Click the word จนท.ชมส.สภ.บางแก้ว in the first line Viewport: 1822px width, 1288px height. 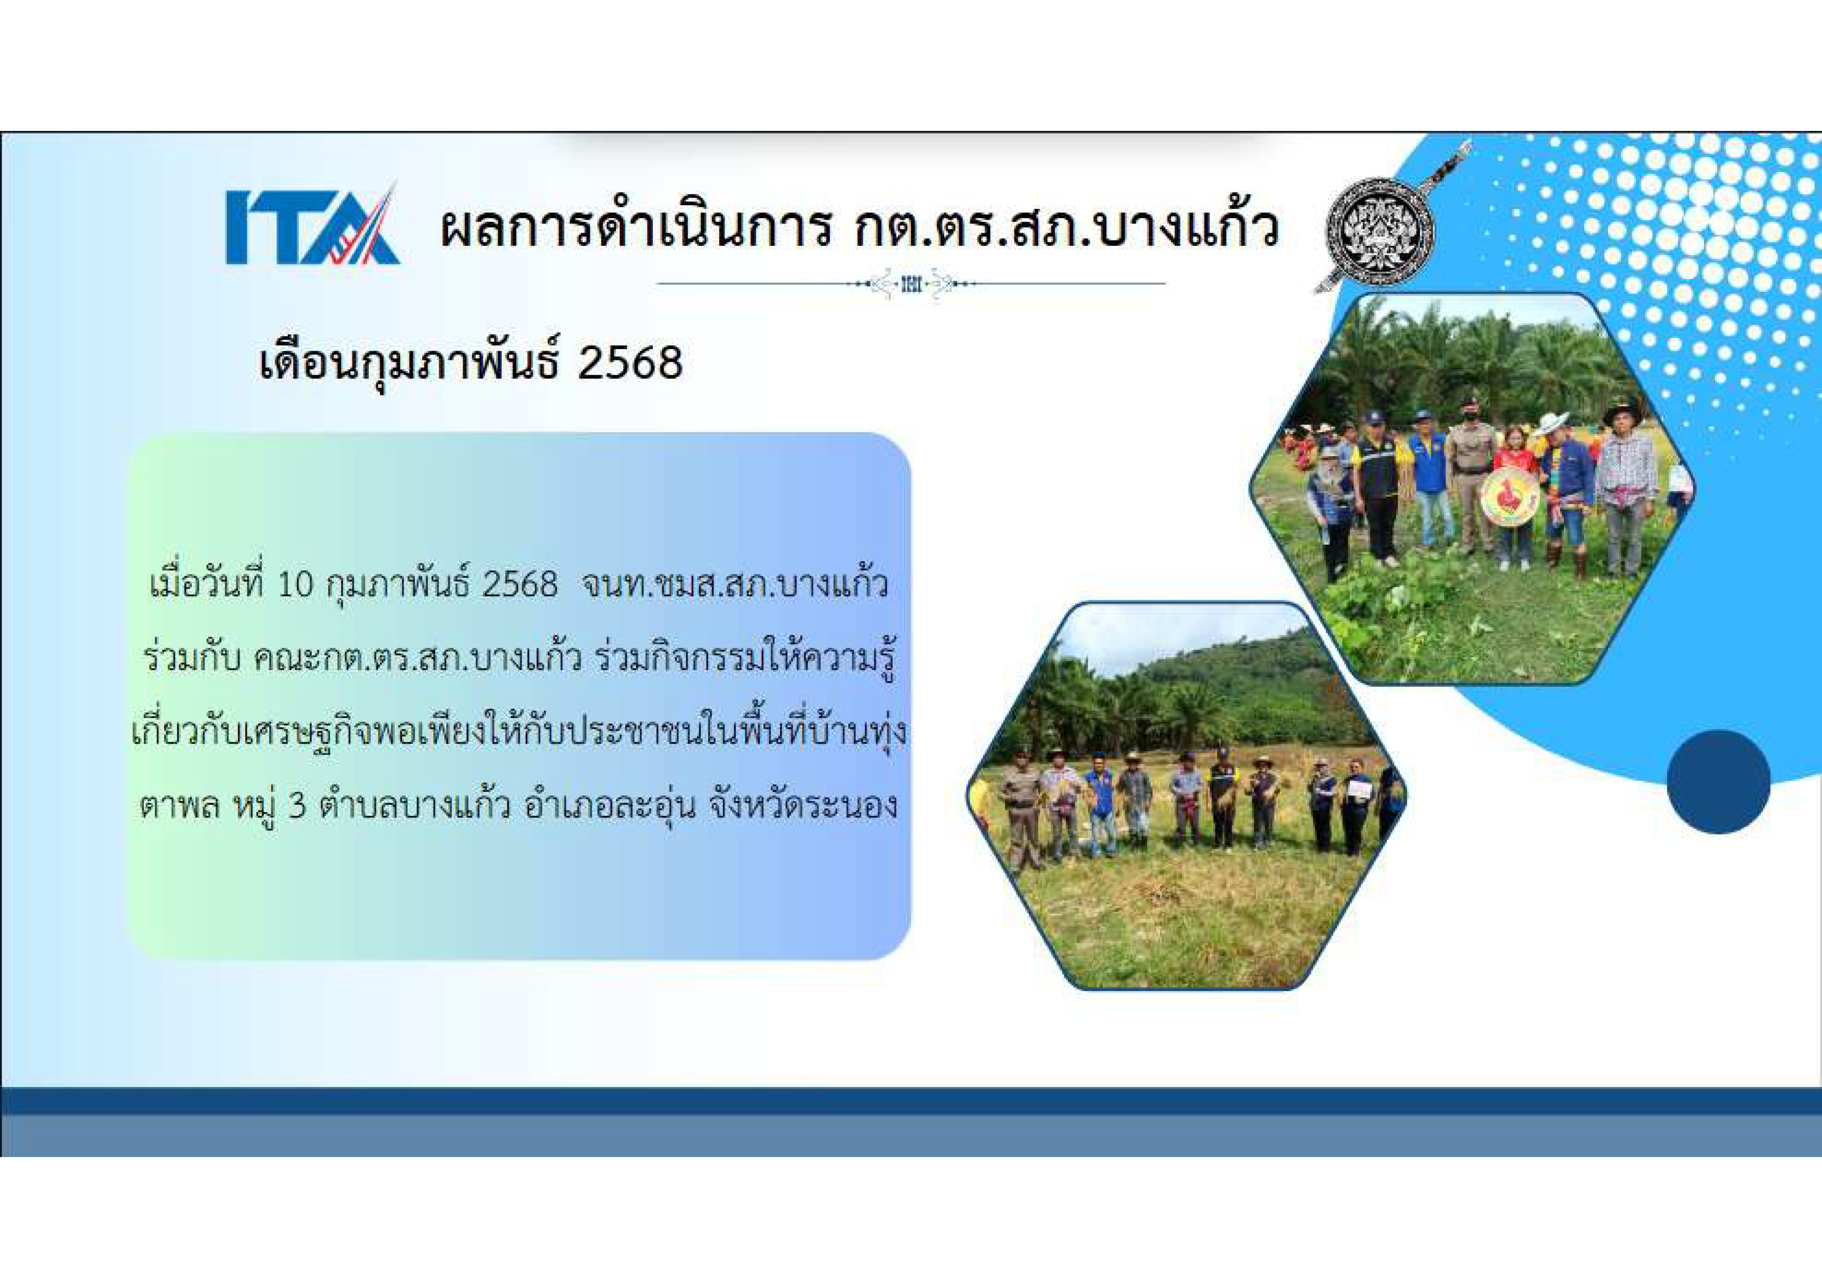[x=734, y=586]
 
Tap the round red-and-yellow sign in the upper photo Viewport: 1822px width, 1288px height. [x=1509, y=498]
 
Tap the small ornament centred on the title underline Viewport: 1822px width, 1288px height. [x=911, y=283]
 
